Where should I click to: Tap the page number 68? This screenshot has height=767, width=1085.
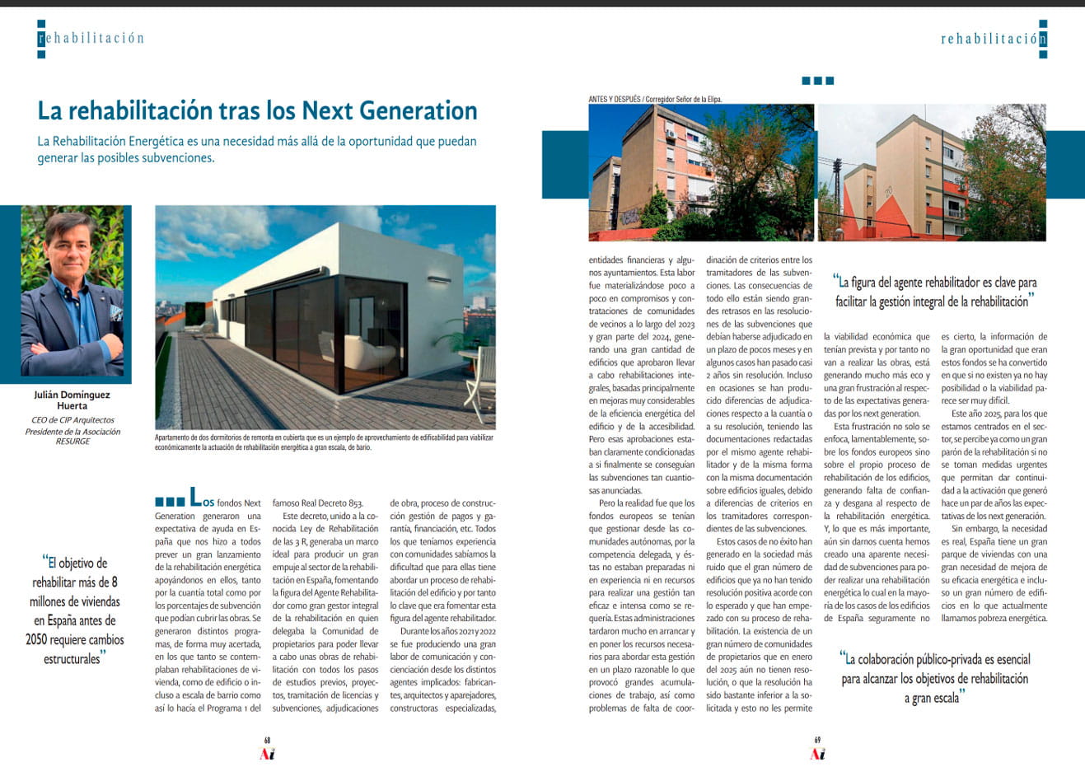[x=267, y=740]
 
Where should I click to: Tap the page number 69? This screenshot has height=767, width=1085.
[x=816, y=740]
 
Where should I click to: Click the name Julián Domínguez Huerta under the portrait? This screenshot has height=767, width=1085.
[x=72, y=400]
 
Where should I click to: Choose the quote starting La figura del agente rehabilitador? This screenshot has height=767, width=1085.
[x=934, y=292]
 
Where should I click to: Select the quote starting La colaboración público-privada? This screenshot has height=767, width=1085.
[x=934, y=679]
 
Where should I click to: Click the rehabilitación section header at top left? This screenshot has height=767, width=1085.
[x=91, y=39]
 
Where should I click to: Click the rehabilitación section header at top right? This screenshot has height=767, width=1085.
[x=994, y=40]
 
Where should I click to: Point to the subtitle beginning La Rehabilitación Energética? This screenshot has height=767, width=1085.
[x=257, y=149]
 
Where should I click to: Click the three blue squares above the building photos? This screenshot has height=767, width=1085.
[x=817, y=81]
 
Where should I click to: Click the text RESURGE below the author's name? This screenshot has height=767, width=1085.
[x=72, y=441]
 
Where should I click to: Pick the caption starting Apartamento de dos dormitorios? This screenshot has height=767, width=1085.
[x=324, y=442]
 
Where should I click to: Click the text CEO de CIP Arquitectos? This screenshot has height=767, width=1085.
[x=72, y=420]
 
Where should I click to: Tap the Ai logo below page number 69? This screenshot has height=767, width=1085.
[x=817, y=754]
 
